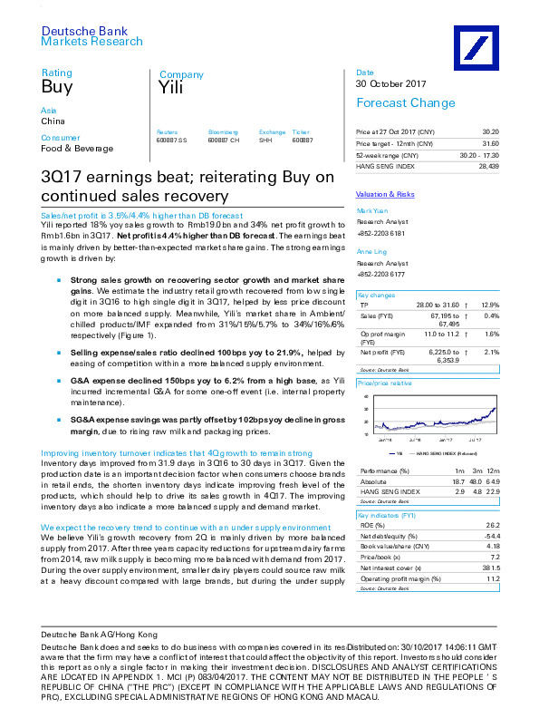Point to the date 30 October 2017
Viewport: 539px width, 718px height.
(x=390, y=84)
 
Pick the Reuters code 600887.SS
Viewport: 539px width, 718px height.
(x=171, y=139)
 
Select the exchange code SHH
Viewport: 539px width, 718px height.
(x=265, y=139)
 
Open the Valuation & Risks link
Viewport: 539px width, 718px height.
(x=383, y=195)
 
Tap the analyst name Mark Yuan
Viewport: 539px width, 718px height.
(x=371, y=209)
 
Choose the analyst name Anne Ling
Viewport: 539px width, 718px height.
(x=371, y=253)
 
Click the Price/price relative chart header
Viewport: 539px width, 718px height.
(x=385, y=383)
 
